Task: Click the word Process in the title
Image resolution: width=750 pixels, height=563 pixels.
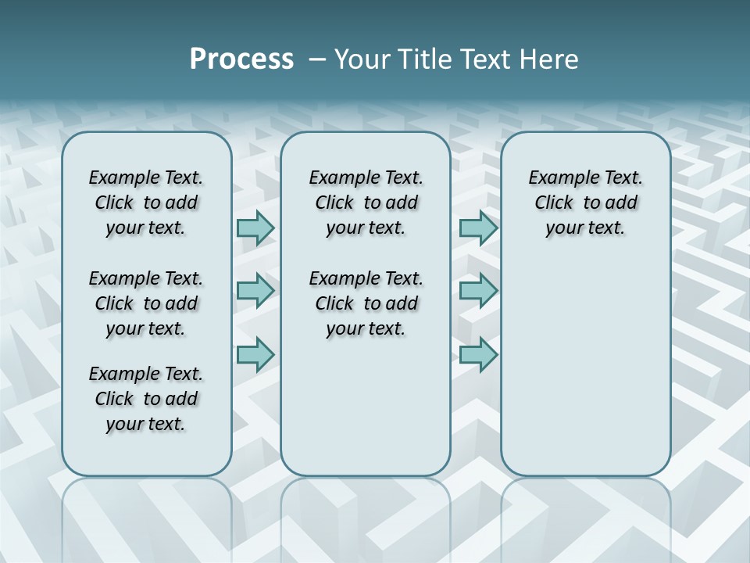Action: tap(241, 59)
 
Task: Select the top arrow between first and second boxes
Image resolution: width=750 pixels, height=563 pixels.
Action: tap(255, 228)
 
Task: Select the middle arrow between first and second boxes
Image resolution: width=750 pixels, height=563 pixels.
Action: tap(255, 291)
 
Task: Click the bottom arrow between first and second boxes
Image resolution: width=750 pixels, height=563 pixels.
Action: tap(255, 354)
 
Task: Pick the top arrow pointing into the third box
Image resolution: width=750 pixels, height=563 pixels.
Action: tap(478, 228)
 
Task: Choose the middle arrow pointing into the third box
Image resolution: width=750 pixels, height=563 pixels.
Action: tap(478, 291)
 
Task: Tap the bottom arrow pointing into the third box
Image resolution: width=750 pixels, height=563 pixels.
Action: tap(478, 354)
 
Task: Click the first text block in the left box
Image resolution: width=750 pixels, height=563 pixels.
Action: tap(146, 203)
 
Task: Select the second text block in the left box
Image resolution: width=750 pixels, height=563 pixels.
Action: tap(146, 303)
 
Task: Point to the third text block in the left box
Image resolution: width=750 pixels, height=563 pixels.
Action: tap(146, 399)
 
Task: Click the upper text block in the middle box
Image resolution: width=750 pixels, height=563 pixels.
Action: tap(366, 203)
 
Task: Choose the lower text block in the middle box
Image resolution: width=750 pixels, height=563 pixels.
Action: tap(366, 303)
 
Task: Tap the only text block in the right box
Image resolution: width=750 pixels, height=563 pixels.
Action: tap(585, 203)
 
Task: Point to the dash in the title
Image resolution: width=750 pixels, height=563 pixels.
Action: tap(317, 59)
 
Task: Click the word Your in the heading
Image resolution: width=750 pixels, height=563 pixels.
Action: tap(361, 59)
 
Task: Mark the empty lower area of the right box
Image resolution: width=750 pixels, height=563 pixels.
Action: tap(585, 368)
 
